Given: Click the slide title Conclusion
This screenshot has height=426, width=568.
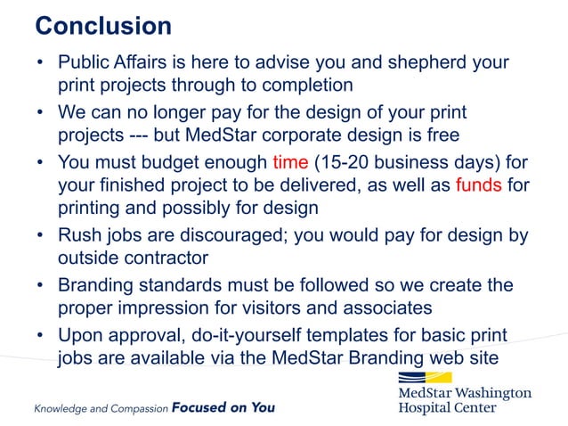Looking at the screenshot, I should tap(102, 24).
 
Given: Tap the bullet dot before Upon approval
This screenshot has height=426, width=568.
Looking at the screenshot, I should tap(41, 337).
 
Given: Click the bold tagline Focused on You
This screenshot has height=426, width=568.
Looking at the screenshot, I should tap(223, 408).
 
